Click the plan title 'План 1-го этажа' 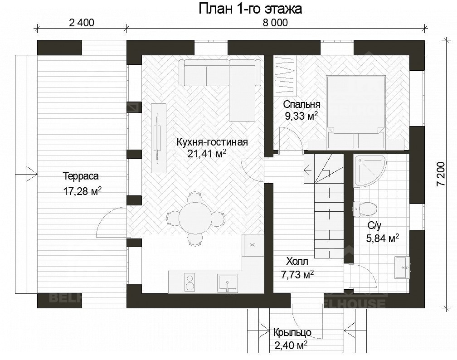250,9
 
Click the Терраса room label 81,176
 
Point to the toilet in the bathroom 365,208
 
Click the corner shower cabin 370,170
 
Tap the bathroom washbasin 401,268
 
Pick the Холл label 297,261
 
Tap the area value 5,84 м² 382,238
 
